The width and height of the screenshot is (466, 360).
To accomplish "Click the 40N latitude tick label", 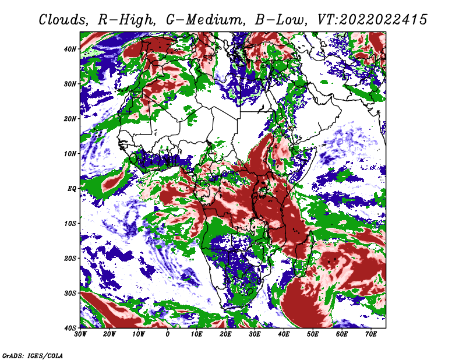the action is point(70,49).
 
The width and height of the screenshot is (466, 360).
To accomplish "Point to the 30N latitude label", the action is point(70,84).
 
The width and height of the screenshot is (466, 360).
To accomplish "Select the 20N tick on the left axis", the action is point(70,119).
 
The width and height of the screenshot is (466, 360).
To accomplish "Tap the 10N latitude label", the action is point(70,154).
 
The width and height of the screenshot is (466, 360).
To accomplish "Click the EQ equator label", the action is point(72,189).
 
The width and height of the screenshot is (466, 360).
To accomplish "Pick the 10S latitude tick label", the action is point(70,224).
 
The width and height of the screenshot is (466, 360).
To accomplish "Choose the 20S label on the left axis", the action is point(70,258).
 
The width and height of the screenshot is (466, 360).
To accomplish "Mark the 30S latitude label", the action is point(70,294).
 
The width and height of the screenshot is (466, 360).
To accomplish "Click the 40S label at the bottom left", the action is point(70,328).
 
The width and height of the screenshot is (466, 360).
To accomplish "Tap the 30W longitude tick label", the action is point(80,334).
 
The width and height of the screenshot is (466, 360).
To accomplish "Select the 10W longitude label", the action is point(139,334).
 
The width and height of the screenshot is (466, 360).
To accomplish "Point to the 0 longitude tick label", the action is point(168,334).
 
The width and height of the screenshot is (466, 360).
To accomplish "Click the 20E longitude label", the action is point(226,334).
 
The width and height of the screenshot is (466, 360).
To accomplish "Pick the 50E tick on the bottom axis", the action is point(313,334).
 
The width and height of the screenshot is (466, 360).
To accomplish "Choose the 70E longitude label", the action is point(371,334).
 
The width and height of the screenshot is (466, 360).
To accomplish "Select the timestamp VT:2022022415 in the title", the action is point(372,20).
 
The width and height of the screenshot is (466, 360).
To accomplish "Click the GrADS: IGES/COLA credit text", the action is point(33,355).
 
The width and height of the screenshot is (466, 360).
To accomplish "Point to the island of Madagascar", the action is point(303,255).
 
